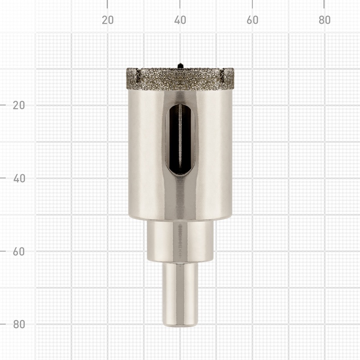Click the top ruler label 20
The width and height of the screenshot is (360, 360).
pos(108,20)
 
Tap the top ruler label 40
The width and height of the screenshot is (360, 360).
pos(180,20)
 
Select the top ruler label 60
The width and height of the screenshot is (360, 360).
pos(252,20)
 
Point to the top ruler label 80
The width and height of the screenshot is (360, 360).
pos(324,20)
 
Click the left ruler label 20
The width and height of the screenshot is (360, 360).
pos(19,105)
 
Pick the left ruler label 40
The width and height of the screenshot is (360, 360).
pos(19,178)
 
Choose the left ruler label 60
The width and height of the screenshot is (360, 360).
pos(19,252)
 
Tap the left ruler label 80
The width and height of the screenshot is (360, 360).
pos(19,324)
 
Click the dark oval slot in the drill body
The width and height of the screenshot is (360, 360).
pos(180,139)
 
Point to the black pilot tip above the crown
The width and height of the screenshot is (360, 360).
pos(180,66)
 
